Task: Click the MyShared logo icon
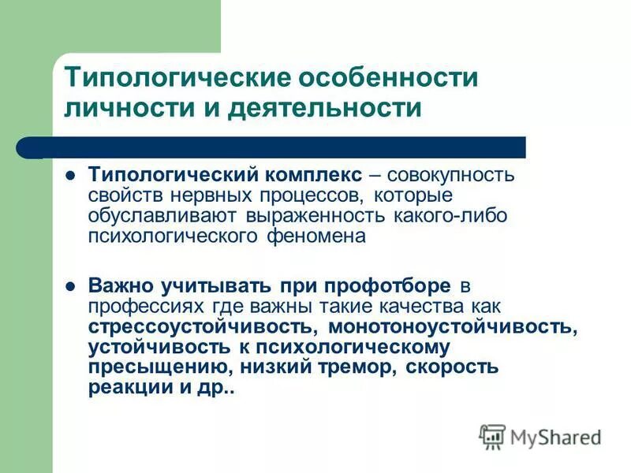click(x=492, y=436)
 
